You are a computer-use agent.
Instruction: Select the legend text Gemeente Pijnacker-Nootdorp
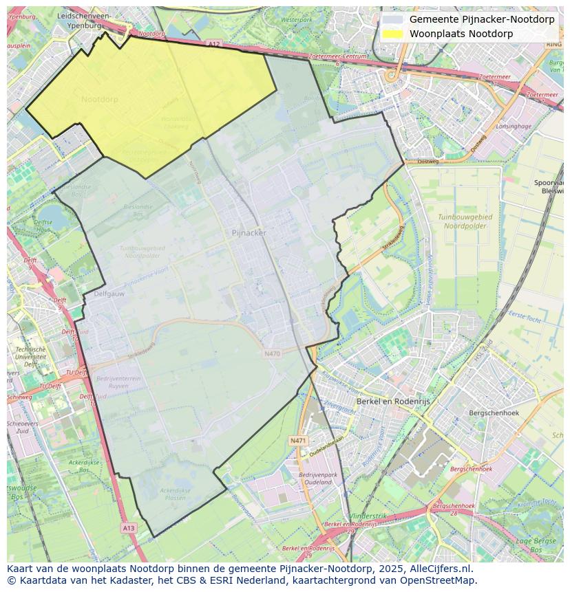click(481, 19)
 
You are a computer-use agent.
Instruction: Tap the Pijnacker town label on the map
click(249, 233)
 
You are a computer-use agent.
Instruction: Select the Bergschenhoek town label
click(493, 413)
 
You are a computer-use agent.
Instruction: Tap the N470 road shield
click(272, 353)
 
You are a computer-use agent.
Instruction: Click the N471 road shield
click(297, 440)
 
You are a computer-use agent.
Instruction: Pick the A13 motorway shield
click(128, 527)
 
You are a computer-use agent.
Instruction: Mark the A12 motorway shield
click(213, 44)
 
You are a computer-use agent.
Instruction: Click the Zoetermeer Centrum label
click(337, 56)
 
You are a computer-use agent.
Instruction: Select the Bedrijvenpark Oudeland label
click(317, 478)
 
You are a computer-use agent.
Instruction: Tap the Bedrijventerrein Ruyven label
click(118, 382)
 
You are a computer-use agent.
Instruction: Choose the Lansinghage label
click(514, 127)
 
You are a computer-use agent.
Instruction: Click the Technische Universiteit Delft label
click(30, 358)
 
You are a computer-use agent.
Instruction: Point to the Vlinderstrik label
click(368, 515)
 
